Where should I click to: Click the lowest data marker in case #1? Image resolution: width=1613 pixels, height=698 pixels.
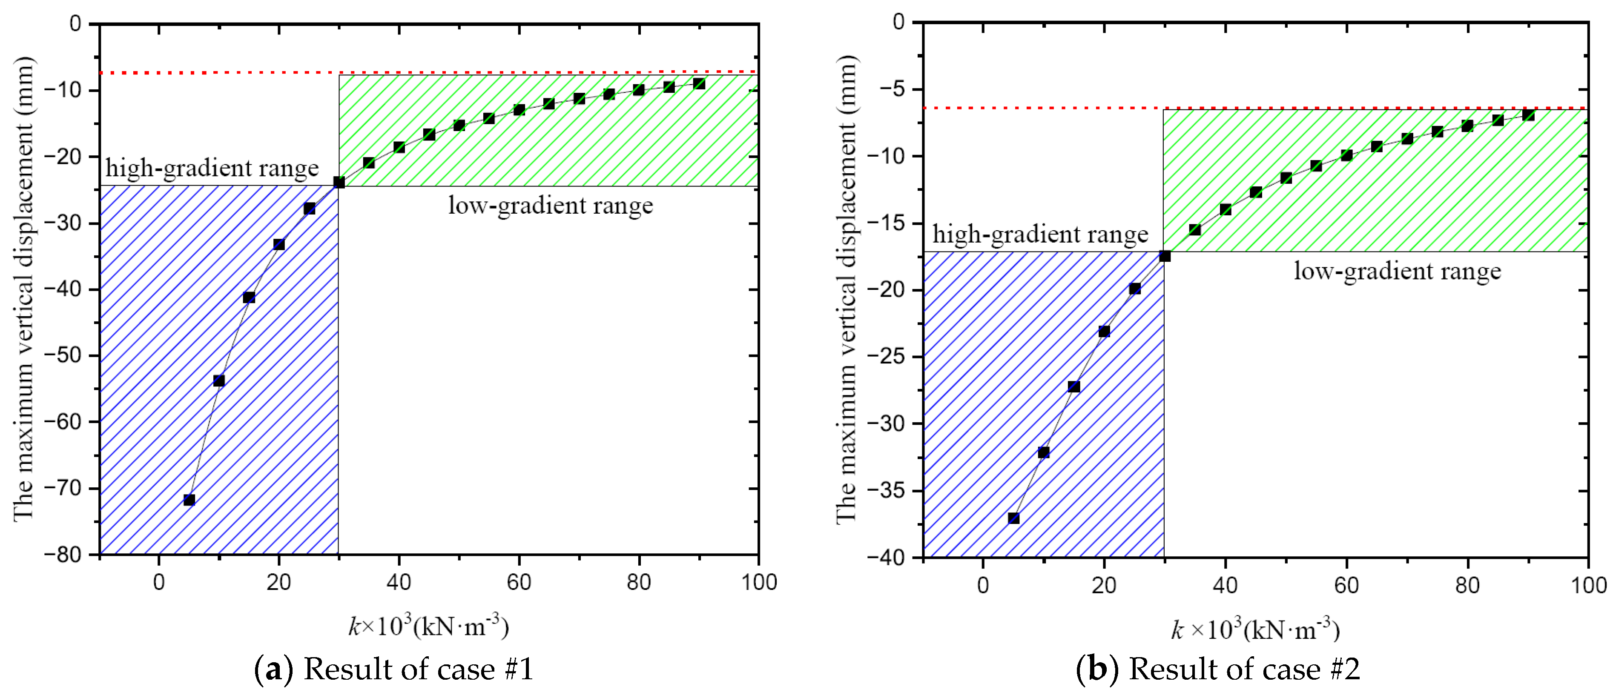click(x=189, y=500)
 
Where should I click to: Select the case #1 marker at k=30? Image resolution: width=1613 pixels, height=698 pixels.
click(x=339, y=182)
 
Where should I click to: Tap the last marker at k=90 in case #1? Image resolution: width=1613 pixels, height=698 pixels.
click(x=699, y=84)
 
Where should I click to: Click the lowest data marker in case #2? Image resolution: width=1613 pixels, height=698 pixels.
click(x=1013, y=518)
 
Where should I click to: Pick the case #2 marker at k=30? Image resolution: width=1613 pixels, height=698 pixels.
click(x=1165, y=255)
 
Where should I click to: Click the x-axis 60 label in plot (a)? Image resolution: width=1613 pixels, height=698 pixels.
click(x=519, y=583)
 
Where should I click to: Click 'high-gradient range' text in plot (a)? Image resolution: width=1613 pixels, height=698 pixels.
click(x=212, y=168)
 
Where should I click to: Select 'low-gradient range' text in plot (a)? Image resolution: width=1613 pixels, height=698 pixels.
click(x=551, y=205)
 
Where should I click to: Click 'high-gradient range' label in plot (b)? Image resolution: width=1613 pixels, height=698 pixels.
click(x=1040, y=234)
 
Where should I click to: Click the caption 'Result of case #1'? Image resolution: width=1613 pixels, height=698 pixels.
click(x=418, y=669)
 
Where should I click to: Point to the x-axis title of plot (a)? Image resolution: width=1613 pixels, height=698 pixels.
click(x=429, y=625)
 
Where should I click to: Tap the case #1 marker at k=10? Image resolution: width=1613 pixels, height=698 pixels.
click(x=218, y=380)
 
